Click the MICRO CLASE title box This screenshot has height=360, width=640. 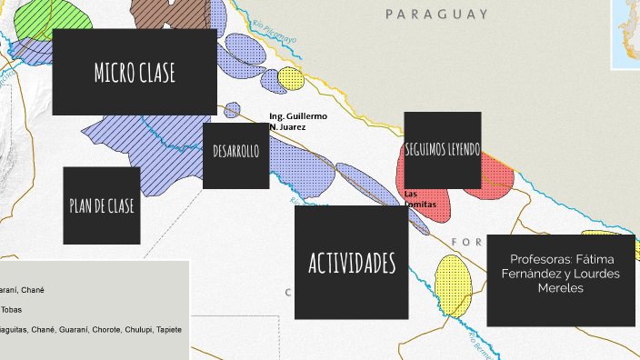[x=134, y=73]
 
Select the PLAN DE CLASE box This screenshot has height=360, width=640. [x=102, y=205]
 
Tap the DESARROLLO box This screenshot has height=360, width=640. [x=236, y=152]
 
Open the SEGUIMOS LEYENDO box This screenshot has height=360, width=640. [x=443, y=149]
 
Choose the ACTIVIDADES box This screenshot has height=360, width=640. [x=352, y=263]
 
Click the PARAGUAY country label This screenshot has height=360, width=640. [x=436, y=15]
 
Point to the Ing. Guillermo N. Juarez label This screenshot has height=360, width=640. [x=297, y=122]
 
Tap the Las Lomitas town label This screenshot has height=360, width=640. [x=419, y=199]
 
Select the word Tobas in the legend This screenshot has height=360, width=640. [x=12, y=310]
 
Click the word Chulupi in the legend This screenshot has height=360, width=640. [x=135, y=329]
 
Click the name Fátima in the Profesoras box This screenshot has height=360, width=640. [x=595, y=259]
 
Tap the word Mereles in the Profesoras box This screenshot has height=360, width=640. [x=559, y=288]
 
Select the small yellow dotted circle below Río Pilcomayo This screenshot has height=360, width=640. [x=291, y=78]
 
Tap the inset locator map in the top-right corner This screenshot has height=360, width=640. [x=626, y=33]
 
